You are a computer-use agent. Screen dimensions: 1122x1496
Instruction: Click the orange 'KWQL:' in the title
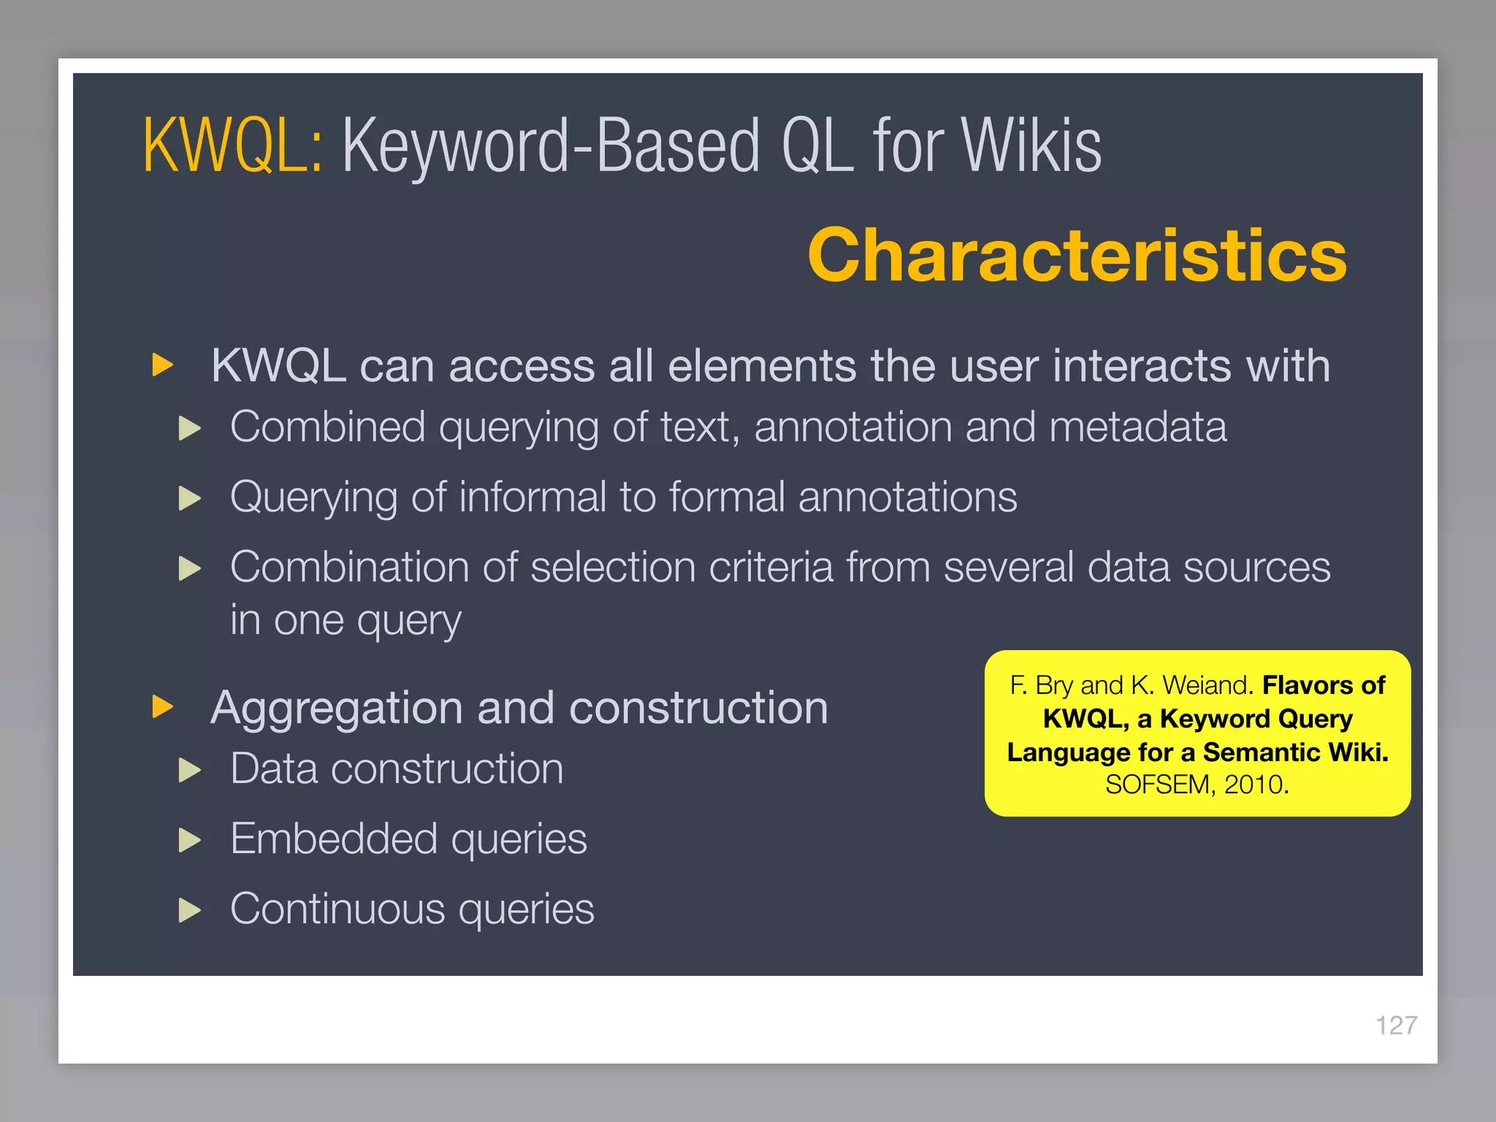(232, 146)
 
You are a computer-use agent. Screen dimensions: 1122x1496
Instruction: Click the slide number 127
(1396, 1026)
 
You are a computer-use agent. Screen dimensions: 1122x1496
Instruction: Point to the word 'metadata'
(1137, 427)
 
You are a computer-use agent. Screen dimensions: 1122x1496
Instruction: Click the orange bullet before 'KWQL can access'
(162, 365)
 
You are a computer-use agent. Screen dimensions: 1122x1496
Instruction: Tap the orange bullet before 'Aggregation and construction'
(162, 707)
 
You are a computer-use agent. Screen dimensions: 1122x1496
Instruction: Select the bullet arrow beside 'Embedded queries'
(190, 840)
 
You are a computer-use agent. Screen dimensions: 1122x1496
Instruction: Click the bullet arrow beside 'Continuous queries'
(190, 910)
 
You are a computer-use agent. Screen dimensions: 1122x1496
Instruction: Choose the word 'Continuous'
(337, 909)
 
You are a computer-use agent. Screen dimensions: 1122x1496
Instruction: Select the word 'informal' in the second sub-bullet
(533, 497)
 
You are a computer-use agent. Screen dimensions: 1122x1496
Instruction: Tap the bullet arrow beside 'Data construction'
(190, 770)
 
